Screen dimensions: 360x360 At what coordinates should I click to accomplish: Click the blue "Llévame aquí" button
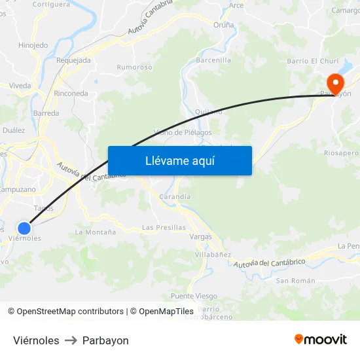[x=179, y=160]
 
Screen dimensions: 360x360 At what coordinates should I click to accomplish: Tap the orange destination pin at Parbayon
[x=335, y=83]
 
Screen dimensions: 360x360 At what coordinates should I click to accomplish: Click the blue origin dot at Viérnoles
[x=24, y=228]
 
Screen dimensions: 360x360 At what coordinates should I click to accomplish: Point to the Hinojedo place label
[x=33, y=45]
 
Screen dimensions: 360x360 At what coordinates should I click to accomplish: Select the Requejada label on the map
[x=74, y=60]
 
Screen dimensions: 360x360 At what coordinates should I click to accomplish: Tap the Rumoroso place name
[x=134, y=67]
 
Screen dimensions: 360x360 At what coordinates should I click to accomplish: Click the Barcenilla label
[x=214, y=60]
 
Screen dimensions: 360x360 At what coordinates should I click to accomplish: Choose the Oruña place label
[x=224, y=24]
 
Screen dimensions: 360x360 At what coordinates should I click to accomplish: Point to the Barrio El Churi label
[x=313, y=62]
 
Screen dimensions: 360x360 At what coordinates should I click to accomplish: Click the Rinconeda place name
[x=71, y=94]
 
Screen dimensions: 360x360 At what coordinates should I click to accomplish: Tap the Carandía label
[x=175, y=196]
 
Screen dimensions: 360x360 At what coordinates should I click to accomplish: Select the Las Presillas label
[x=164, y=228]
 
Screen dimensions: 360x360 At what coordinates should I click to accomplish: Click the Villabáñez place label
[x=213, y=254]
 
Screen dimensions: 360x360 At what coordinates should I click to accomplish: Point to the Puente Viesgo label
[x=194, y=296]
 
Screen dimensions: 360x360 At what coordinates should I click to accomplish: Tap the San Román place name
[x=295, y=281]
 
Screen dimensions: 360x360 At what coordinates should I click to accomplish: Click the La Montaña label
[x=96, y=232]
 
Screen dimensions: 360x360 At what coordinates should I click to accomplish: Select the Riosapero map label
[x=342, y=153]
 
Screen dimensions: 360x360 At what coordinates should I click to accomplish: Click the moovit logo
[x=321, y=339]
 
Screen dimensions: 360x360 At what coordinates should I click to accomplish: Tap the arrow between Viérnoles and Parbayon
[x=71, y=340]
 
